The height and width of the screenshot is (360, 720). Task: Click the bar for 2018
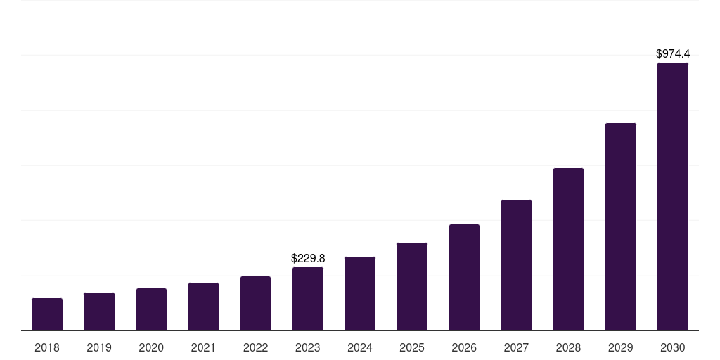[47, 314]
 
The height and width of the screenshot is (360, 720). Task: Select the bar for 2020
[151, 309]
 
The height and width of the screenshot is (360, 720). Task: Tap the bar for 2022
[255, 304]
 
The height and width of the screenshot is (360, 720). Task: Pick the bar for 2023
[308, 299]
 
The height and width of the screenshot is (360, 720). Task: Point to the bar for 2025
[412, 287]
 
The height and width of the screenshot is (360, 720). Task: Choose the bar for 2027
[516, 265]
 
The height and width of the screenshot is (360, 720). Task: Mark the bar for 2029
[621, 227]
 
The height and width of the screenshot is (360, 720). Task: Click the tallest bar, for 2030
[673, 197]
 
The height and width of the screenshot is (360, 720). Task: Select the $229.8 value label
[308, 259]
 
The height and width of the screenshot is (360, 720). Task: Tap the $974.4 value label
[673, 53]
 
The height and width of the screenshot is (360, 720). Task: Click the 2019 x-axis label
[99, 347]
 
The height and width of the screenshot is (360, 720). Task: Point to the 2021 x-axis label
[203, 347]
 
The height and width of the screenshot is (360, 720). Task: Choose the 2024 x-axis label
[360, 347]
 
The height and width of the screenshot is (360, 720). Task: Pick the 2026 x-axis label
[464, 347]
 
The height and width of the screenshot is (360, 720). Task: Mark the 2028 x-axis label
[568, 347]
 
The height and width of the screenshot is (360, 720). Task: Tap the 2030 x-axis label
[673, 347]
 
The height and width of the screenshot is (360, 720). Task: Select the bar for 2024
[360, 294]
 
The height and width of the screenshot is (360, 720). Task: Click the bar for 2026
[464, 278]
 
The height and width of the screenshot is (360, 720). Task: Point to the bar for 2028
[568, 250]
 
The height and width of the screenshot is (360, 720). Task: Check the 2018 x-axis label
[47, 347]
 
